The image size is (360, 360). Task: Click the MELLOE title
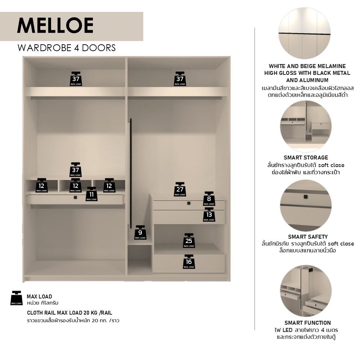[x=55, y=26]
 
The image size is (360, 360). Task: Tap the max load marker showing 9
[x=140, y=233]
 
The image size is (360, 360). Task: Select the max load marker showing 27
[x=180, y=189]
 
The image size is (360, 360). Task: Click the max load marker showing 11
[x=91, y=194]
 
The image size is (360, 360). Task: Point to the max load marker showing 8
[x=209, y=199]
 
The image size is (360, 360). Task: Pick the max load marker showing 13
[x=209, y=215]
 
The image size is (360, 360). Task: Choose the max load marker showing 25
[x=189, y=241]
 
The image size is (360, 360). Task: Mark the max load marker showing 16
[x=189, y=262]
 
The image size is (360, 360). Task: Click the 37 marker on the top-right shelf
[x=180, y=79]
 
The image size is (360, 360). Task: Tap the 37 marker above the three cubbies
[x=76, y=170]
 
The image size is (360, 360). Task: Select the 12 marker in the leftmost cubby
[x=41, y=185]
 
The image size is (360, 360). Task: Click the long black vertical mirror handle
[x=131, y=174]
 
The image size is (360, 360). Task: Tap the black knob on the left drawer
[x=75, y=197]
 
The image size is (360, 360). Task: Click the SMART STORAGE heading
[x=306, y=158]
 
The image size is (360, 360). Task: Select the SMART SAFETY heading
[x=308, y=237]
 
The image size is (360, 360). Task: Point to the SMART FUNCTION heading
[x=308, y=323]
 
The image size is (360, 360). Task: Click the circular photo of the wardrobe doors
[x=305, y=33]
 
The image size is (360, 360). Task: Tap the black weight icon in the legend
[x=17, y=298]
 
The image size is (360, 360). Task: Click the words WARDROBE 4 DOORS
[x=67, y=48]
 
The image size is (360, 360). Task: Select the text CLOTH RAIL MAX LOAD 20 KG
[x=63, y=313]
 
